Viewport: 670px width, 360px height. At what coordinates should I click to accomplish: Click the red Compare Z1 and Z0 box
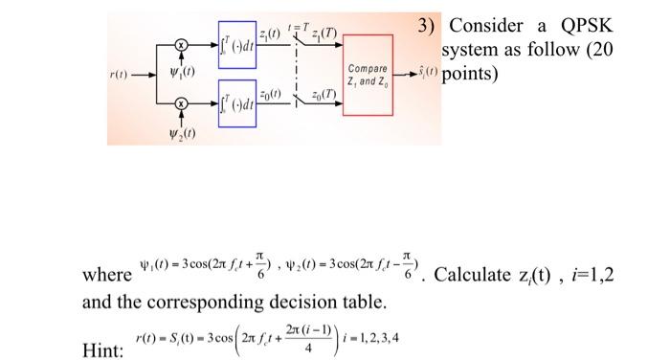[368, 77]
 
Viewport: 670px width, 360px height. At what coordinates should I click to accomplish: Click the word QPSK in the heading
[584, 26]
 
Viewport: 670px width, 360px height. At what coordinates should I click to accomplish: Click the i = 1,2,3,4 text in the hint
[368, 339]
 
